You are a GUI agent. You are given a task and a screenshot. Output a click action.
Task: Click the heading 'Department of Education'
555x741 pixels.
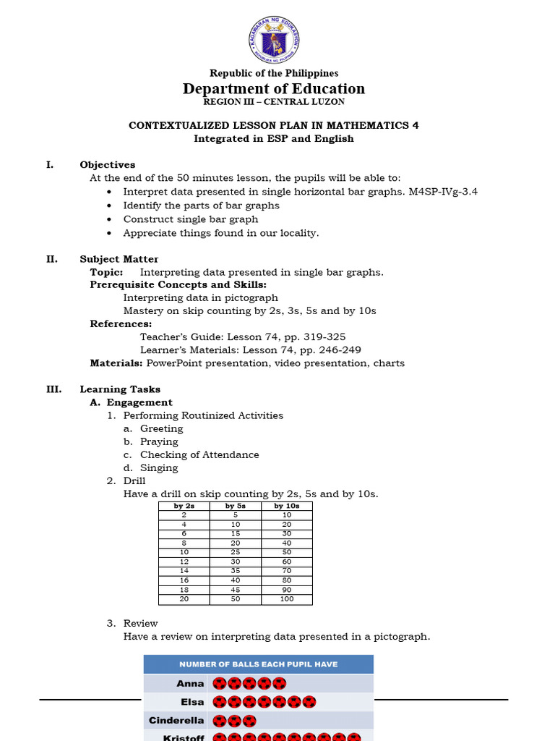274,88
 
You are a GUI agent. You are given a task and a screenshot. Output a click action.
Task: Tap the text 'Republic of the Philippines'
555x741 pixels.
274,73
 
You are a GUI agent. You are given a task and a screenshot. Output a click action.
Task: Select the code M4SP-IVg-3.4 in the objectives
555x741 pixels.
441,192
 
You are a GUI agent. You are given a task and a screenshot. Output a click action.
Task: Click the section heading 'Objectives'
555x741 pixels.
107,164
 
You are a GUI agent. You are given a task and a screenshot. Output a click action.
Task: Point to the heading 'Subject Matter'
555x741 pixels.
119,259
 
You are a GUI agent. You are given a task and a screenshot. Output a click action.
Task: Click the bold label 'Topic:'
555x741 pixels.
106,272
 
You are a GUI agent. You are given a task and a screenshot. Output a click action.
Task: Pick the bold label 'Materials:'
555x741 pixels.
116,363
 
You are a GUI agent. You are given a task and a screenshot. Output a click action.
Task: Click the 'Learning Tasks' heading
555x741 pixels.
120,389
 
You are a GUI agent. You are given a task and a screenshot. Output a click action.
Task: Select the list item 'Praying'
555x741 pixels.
159,441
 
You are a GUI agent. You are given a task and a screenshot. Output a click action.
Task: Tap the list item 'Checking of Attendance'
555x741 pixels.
199,454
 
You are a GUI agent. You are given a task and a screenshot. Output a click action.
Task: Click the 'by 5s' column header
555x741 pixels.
236,506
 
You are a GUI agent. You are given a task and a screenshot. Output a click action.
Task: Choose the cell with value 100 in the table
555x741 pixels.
287,599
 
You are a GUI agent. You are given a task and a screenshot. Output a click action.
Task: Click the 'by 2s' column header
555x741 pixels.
184,506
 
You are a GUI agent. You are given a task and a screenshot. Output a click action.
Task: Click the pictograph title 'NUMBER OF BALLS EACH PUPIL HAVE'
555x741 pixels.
259,664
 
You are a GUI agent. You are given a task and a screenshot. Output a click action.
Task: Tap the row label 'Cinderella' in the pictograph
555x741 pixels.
176,721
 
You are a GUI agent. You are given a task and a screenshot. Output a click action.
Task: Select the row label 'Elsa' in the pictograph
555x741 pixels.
193,702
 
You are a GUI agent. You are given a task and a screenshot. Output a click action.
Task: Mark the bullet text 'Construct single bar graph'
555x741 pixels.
191,219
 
